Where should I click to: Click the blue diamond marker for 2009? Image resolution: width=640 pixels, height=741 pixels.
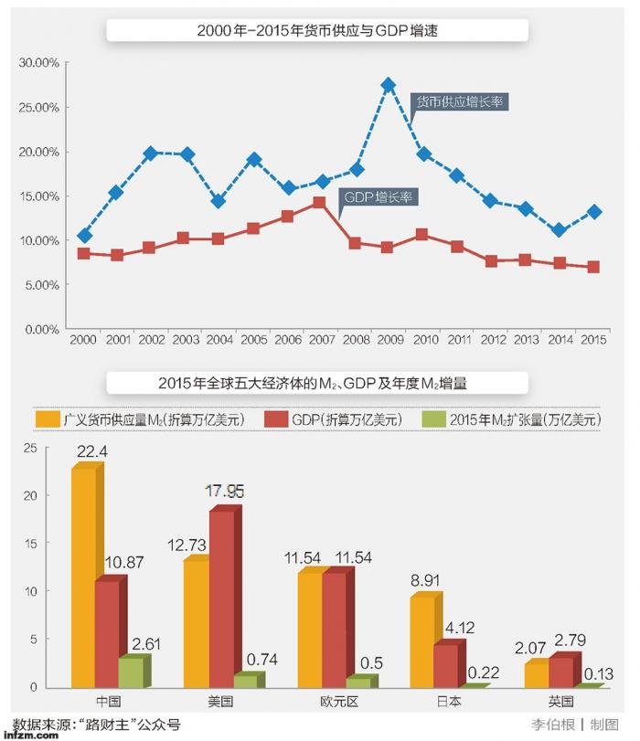point(388,85)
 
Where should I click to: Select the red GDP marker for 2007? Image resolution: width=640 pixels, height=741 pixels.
point(318,203)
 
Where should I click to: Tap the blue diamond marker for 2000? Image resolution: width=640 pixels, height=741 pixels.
point(84,236)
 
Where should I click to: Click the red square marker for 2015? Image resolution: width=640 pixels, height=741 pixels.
point(593,268)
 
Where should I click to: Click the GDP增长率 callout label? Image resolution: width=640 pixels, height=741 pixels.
point(378,196)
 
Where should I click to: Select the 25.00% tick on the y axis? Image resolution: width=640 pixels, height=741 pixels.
point(39,107)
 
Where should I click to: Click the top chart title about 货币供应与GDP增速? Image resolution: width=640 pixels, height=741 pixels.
point(319,31)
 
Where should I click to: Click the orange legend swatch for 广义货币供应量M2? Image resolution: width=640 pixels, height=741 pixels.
point(48,419)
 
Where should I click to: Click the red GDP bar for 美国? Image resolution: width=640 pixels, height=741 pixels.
point(222,598)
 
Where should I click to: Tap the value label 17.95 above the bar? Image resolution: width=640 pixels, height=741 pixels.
point(224,492)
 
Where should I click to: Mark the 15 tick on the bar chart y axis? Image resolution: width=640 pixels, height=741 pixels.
point(30,544)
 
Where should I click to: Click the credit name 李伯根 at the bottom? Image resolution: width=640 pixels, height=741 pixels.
point(551,725)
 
